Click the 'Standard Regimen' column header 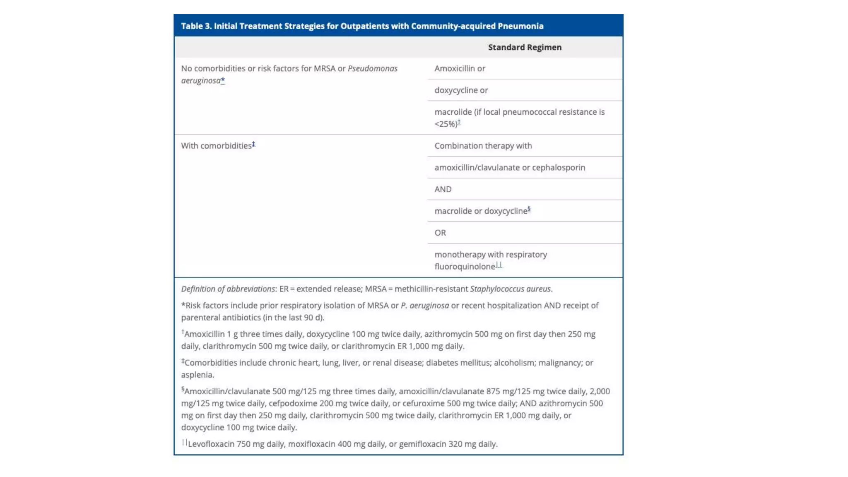(x=525, y=47)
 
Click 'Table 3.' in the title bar (x=196, y=26)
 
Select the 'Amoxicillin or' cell (x=460, y=68)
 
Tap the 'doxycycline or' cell (x=461, y=90)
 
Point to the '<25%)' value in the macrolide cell (x=446, y=124)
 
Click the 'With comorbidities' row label (x=216, y=146)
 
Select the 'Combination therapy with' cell (x=483, y=146)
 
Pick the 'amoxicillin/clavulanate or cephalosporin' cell (x=509, y=167)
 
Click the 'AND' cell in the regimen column (x=443, y=189)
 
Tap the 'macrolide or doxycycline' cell (x=480, y=211)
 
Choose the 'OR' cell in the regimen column (x=440, y=233)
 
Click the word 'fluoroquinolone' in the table (x=465, y=267)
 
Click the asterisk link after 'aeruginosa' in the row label (x=223, y=80)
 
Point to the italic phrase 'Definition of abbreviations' (x=228, y=289)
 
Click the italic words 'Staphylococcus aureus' (x=510, y=289)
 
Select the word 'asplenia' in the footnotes (x=197, y=375)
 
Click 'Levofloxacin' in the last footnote (x=211, y=444)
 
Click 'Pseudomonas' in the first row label (x=372, y=68)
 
